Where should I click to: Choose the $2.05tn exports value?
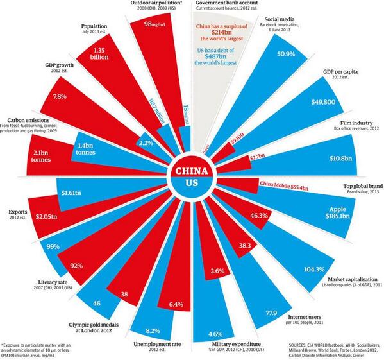tap(29, 218)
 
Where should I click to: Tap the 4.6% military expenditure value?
tap(215, 334)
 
